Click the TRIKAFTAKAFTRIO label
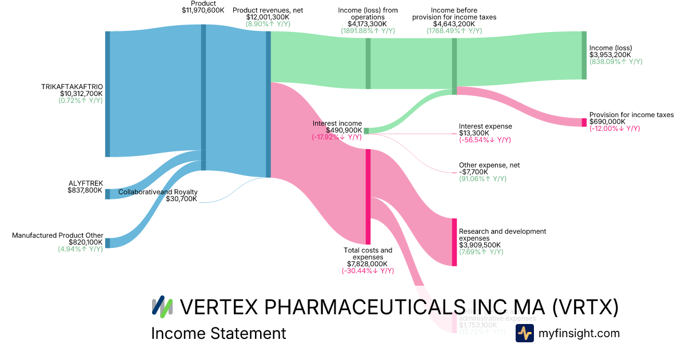pos(72,86)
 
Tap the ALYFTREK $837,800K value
pos(85,190)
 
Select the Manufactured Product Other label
pos(58,235)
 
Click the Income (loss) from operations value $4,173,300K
pos(368,24)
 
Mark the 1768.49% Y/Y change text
pos(454,31)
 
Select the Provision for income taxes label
pos(631,115)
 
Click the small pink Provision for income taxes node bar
pos(584,122)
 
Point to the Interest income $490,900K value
pos(337,130)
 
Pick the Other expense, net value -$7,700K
pos(474,172)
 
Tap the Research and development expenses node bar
pos(454,242)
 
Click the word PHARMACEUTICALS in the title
pos(359,307)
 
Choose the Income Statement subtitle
pos(218,333)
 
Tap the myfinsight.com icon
pos(525,333)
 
